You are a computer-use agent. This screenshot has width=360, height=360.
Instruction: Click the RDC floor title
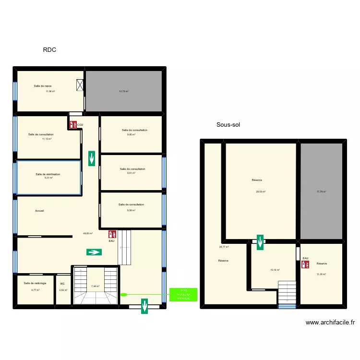(x=50, y=49)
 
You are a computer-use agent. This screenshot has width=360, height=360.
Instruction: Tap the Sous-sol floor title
(x=228, y=125)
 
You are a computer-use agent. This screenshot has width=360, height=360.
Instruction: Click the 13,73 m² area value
(x=124, y=91)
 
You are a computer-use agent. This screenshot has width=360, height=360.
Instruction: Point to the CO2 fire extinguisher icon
(x=72, y=125)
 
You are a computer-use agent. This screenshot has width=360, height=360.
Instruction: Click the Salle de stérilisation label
(x=48, y=174)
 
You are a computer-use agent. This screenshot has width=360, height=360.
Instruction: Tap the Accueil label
(x=39, y=211)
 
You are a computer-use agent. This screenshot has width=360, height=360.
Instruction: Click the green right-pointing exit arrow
(x=94, y=252)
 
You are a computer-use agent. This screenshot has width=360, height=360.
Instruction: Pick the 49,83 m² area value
(x=88, y=234)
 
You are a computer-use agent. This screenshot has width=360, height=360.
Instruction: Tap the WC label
(x=62, y=283)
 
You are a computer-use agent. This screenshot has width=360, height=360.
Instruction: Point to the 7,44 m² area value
(x=95, y=286)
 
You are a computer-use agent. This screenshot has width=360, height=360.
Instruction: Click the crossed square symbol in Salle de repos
(x=80, y=85)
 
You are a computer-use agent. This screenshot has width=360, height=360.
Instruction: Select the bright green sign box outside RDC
(x=183, y=294)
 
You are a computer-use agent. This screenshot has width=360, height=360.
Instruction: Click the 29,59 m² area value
(x=261, y=192)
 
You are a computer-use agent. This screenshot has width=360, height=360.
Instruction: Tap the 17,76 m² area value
(x=321, y=192)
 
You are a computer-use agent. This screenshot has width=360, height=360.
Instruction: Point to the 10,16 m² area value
(x=275, y=270)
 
